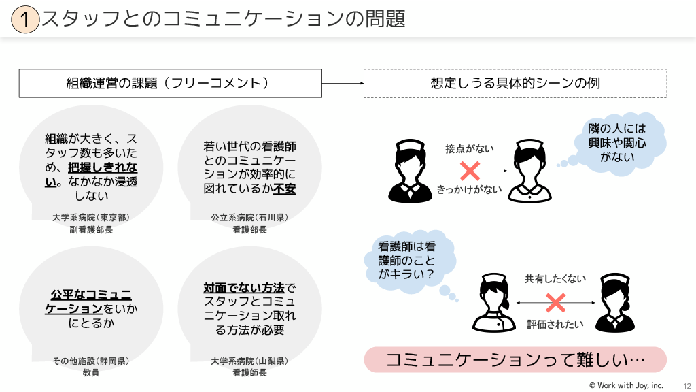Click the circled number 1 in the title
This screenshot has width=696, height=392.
(x=25, y=19)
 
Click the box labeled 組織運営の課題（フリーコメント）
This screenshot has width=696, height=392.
(x=171, y=83)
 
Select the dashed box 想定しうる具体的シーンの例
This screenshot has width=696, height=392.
(x=515, y=83)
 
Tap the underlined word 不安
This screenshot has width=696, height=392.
(x=285, y=189)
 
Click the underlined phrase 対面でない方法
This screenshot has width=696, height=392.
(x=244, y=288)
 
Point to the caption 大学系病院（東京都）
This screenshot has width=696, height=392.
(x=91, y=217)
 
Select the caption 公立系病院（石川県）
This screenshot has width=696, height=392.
(x=249, y=217)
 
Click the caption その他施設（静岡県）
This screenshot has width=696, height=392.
(x=91, y=361)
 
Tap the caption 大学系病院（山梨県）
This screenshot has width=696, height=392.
(x=249, y=361)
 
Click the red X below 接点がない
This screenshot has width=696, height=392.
(x=470, y=171)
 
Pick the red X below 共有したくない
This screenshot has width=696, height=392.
(x=556, y=303)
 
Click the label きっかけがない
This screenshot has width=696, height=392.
(x=470, y=190)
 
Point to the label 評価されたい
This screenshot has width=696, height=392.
(x=555, y=325)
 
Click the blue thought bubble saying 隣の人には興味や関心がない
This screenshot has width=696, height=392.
(x=619, y=142)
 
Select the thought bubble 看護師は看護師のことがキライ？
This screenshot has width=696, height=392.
(x=408, y=261)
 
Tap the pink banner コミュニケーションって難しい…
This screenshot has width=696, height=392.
(x=515, y=359)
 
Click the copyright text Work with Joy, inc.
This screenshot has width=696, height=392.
(x=626, y=385)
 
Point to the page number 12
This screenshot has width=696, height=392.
(x=687, y=386)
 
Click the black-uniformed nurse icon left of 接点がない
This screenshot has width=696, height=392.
(x=410, y=171)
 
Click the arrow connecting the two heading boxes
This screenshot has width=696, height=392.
(x=343, y=83)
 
